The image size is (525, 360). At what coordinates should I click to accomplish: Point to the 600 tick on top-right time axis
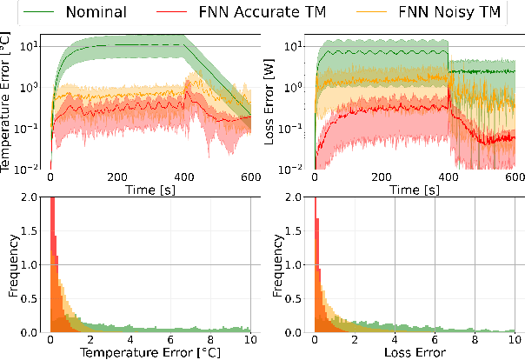click(x=513, y=176)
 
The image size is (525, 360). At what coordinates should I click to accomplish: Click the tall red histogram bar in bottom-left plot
click(x=52, y=261)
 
